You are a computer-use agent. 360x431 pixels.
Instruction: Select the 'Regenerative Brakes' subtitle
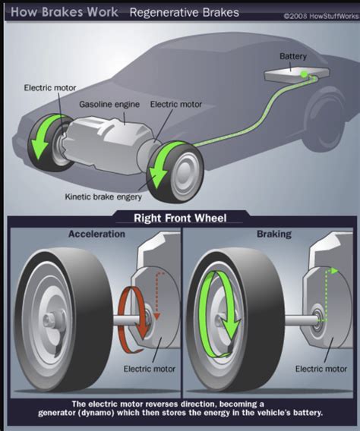point(184,13)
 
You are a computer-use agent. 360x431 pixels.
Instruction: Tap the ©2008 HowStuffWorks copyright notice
point(320,14)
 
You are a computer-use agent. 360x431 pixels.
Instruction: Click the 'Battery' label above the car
point(293,56)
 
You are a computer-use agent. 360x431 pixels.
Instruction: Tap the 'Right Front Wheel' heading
point(180,219)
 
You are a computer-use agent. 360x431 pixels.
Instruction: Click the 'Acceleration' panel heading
point(96,234)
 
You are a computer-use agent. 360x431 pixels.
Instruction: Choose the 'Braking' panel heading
point(273,234)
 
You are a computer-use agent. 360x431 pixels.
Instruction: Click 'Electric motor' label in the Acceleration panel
point(149,370)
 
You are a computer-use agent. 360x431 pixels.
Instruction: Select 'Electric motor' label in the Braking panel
point(321,370)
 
